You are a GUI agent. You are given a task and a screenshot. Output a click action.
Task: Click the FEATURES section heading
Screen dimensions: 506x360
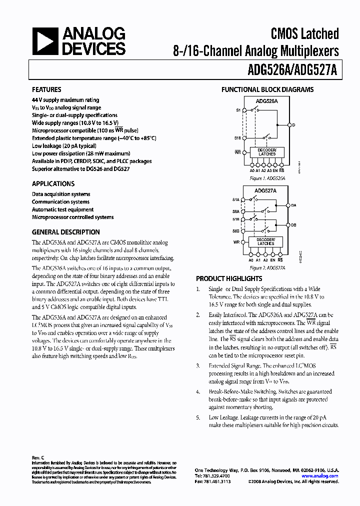click(x=46, y=89)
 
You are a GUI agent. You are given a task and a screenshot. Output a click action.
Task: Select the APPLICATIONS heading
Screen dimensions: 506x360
click(x=53, y=183)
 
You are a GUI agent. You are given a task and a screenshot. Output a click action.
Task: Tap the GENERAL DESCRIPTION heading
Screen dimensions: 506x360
click(x=65, y=232)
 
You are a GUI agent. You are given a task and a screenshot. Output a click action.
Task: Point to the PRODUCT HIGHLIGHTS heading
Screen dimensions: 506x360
click(x=229, y=278)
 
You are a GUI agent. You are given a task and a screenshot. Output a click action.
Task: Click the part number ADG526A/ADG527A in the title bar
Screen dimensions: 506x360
click(x=297, y=71)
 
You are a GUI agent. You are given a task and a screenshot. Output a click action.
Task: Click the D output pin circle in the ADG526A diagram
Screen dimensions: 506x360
click(x=289, y=124)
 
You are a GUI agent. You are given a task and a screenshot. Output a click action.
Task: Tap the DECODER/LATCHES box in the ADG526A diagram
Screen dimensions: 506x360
click(x=267, y=152)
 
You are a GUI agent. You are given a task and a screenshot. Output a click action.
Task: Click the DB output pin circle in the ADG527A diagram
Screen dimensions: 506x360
click(x=289, y=225)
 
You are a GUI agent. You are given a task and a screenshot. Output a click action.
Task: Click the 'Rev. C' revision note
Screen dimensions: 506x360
click(x=38, y=457)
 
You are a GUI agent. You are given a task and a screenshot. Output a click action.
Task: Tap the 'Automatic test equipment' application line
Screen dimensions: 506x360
click(x=62, y=209)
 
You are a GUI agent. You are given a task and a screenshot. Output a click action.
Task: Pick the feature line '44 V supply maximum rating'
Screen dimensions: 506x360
click(x=65, y=100)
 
